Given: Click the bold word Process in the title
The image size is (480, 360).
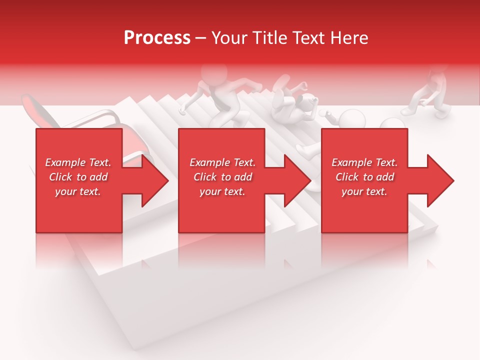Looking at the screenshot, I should (x=157, y=38).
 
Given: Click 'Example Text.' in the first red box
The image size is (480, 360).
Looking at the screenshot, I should (x=78, y=162).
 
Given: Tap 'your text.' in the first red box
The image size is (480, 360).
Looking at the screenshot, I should (x=78, y=191).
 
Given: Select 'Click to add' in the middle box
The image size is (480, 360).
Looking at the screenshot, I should (x=222, y=177).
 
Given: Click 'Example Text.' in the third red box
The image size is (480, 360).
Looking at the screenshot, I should (x=364, y=162).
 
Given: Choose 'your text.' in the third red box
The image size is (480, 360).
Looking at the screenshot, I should (x=364, y=191).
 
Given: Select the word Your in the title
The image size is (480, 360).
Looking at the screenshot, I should (x=227, y=38).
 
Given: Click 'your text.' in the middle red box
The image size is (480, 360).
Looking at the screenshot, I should (x=222, y=191).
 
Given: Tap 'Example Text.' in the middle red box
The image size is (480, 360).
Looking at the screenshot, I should (x=222, y=162).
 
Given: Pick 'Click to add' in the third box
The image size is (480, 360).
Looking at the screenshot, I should (x=364, y=177).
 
